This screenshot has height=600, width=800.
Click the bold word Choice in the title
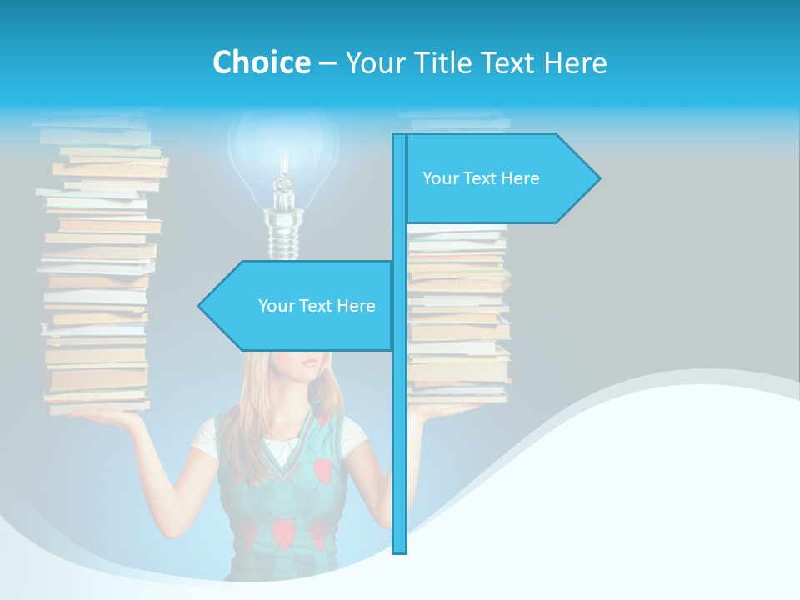(261, 62)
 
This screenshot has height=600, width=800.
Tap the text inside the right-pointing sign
(481, 178)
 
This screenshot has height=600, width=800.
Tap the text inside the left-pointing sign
(317, 306)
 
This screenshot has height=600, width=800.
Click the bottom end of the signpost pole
(400, 550)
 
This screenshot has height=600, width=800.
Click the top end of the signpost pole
(400, 137)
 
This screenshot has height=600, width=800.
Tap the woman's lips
(309, 363)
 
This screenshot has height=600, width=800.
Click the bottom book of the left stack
(97, 407)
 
